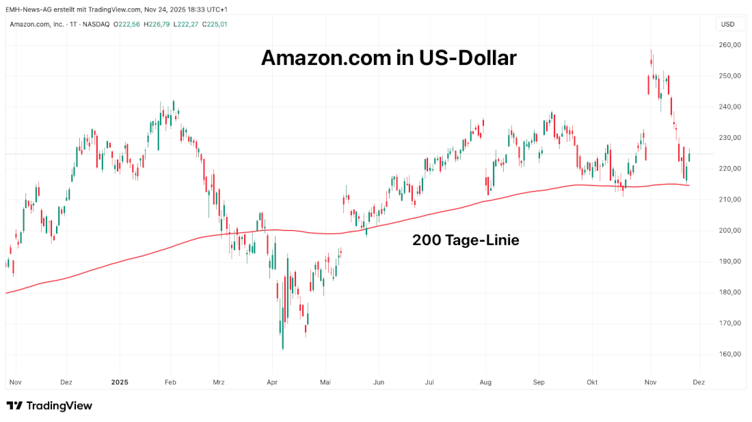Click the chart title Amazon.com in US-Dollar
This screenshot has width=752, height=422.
pos(388,59)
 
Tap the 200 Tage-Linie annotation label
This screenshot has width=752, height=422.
pos(466,240)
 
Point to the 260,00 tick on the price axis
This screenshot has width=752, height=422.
pos(731,45)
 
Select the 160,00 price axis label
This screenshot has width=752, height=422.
pos(731,354)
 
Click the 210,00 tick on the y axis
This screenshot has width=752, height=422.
pos(731,199)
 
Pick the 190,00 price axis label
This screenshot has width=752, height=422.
pos(731,262)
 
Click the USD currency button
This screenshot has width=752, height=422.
pos(727,25)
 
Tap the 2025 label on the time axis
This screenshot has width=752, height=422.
pos(120,382)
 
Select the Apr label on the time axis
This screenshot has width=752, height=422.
pos(272,382)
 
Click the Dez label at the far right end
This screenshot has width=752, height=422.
pos(699,382)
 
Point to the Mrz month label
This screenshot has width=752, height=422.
pos(219,382)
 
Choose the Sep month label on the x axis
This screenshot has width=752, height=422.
pos(539,382)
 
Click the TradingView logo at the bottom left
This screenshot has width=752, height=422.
pos(49,406)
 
